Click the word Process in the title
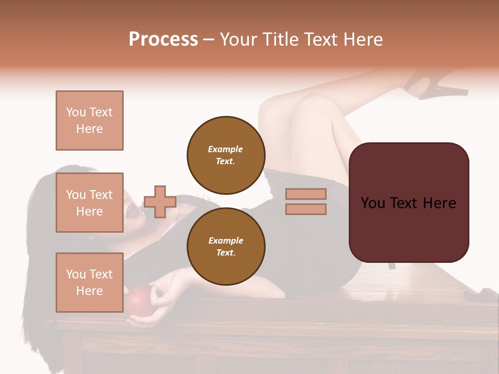pos(163,39)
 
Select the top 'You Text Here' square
pos(89,121)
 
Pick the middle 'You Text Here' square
pos(89,203)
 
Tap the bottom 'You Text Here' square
pos(89,283)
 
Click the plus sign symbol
pos(160,202)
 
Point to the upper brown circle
pos(226,155)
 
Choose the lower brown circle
pos(226,246)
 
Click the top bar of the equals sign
pos(306,194)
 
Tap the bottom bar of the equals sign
pos(306,209)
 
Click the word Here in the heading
pos(363,39)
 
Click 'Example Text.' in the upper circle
pos(226,155)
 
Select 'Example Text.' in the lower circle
pos(226,246)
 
